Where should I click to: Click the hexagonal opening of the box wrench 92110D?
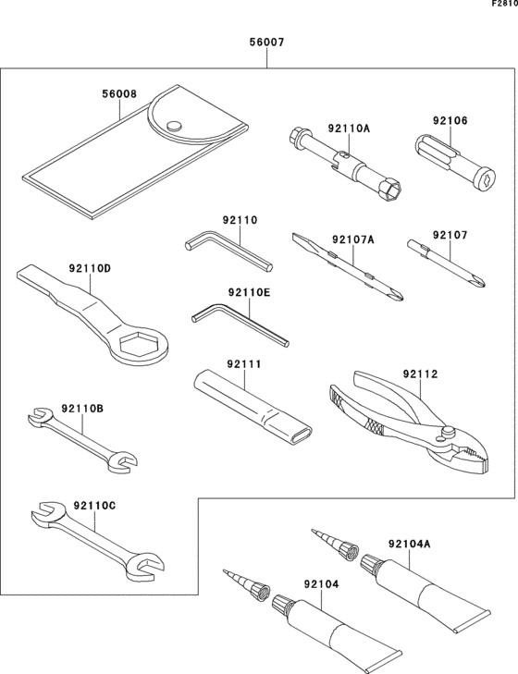point(141,345)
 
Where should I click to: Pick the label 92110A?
point(348,129)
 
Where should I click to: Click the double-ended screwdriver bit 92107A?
point(347,268)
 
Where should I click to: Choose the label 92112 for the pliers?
point(421,374)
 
